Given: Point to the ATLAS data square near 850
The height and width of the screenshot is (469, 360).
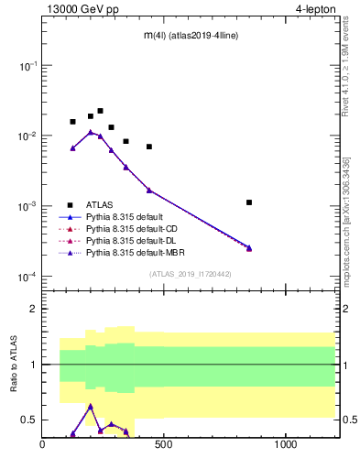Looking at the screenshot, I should click(249, 202).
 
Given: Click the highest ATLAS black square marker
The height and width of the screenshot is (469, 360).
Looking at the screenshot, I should click(100, 111).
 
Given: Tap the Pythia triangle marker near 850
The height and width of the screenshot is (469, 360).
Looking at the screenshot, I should click(249, 248).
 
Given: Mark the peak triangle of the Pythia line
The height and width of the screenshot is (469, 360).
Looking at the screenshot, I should click(91, 132).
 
